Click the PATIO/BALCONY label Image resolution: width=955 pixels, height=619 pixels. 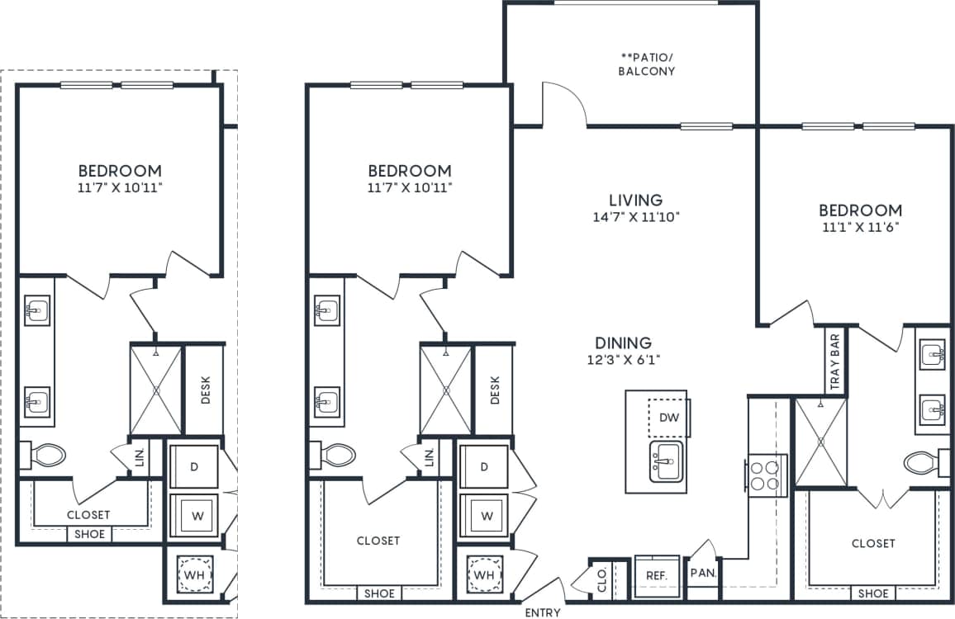(648, 64)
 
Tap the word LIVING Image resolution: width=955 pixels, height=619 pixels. (635, 200)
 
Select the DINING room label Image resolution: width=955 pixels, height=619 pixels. (624, 343)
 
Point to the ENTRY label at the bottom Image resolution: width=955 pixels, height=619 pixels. (543, 612)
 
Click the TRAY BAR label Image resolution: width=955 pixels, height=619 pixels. (835, 361)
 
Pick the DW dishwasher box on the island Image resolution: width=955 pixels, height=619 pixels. (668, 418)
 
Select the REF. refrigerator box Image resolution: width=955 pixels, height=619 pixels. (657, 574)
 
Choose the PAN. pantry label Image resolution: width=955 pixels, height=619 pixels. (703, 571)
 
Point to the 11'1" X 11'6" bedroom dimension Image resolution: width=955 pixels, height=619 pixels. (860, 227)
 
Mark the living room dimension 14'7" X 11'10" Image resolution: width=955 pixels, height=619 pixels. (635, 217)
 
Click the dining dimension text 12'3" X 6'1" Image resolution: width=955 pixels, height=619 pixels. (624, 359)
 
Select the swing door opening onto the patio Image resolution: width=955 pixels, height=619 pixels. (563, 104)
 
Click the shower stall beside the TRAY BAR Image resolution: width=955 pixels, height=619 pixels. (820, 442)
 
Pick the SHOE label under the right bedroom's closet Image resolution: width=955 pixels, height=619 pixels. (873, 593)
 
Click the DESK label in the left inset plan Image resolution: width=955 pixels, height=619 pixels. (206, 390)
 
